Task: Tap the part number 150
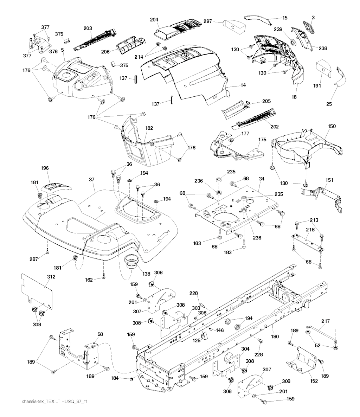[332, 126]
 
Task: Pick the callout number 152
[314, 381]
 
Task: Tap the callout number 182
[149, 128]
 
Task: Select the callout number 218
[310, 230]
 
